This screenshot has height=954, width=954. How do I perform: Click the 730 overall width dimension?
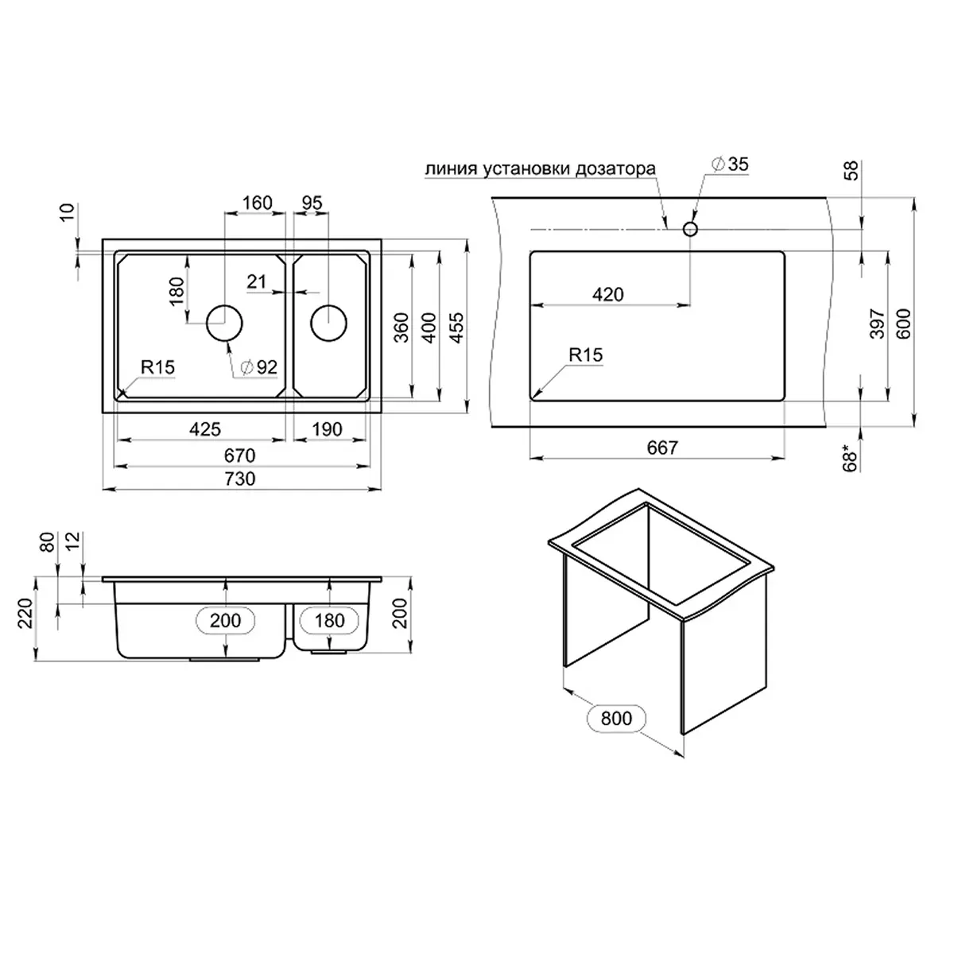(x=239, y=479)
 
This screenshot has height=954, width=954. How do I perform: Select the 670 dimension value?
(x=239, y=455)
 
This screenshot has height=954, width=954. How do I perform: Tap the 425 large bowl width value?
(x=204, y=429)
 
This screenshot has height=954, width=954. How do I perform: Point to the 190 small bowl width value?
(x=326, y=429)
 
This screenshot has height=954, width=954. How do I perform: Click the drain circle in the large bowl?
(x=224, y=323)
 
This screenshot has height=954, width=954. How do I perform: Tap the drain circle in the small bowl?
(x=328, y=323)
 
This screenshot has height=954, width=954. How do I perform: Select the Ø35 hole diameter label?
(x=728, y=165)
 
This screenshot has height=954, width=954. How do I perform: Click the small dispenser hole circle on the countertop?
(x=690, y=229)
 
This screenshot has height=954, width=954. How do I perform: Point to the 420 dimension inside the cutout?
(x=608, y=294)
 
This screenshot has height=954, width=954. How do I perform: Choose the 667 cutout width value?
(x=661, y=448)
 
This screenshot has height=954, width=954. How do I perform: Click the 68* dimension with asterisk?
(x=851, y=460)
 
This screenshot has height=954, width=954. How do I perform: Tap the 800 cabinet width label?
(x=616, y=719)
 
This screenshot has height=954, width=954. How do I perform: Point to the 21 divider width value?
(x=256, y=281)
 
